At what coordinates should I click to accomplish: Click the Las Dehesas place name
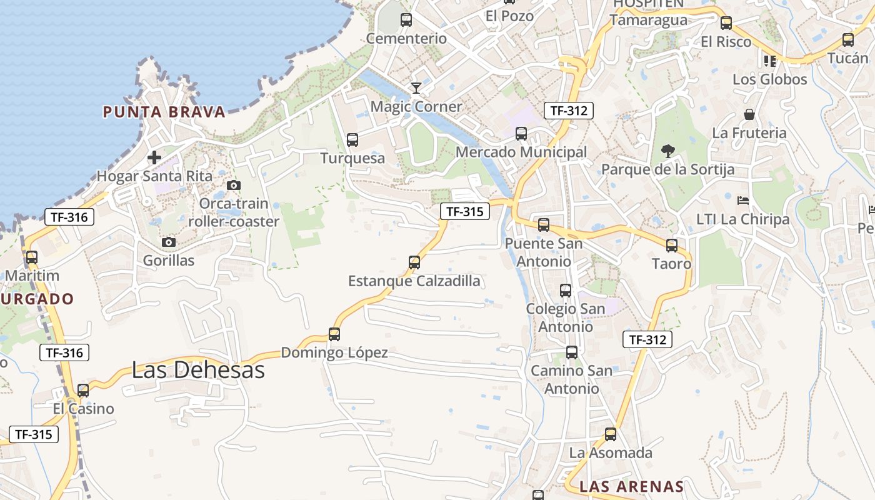[198, 370]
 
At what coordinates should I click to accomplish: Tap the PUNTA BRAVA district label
[164, 112]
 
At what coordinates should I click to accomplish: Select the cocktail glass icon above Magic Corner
[416, 88]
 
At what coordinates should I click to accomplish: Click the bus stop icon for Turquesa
[352, 140]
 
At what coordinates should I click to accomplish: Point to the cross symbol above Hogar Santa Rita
[154, 157]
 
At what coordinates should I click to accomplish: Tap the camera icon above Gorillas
[169, 242]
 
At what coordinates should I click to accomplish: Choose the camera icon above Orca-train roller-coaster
[234, 185]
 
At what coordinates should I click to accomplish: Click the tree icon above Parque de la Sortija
[667, 151]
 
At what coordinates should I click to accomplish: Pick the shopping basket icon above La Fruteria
[749, 114]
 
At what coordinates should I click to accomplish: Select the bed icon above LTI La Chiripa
[743, 201]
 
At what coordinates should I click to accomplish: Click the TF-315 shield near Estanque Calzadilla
[464, 211]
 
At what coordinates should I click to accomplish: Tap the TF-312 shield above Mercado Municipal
[568, 111]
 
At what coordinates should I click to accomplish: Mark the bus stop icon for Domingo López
[334, 334]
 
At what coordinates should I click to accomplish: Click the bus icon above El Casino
[83, 391]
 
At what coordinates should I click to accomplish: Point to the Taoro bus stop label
[672, 264]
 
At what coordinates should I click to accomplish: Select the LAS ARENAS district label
[631, 487]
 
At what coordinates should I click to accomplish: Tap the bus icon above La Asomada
[611, 434]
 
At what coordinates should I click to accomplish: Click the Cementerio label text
[406, 39]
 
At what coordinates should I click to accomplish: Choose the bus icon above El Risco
[726, 23]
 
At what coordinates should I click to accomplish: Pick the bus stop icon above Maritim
[32, 257]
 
